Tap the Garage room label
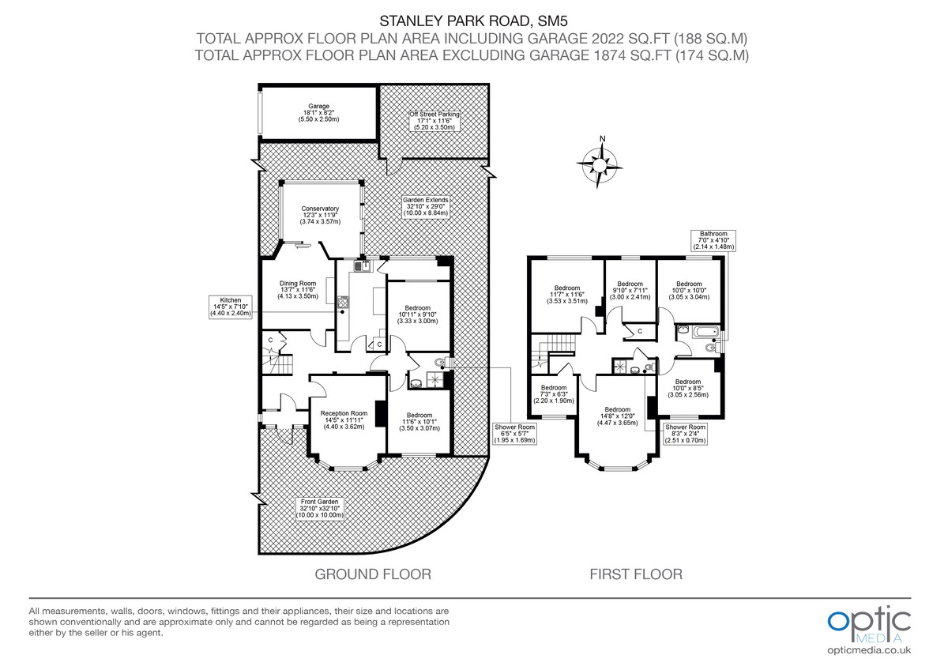(319, 112)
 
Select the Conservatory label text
(319, 215)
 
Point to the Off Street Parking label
(434, 120)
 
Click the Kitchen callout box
(230, 307)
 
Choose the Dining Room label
(296, 290)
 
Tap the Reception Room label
(343, 420)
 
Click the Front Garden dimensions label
(319, 508)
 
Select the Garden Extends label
(425, 206)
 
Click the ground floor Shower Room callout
(515, 433)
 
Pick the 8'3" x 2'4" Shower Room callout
(684, 433)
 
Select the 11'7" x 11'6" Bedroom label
(566, 294)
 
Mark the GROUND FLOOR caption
(373, 574)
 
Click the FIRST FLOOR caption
(636, 574)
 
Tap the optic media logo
(869, 624)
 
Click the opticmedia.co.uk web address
(869, 650)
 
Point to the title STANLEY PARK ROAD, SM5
(474, 21)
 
